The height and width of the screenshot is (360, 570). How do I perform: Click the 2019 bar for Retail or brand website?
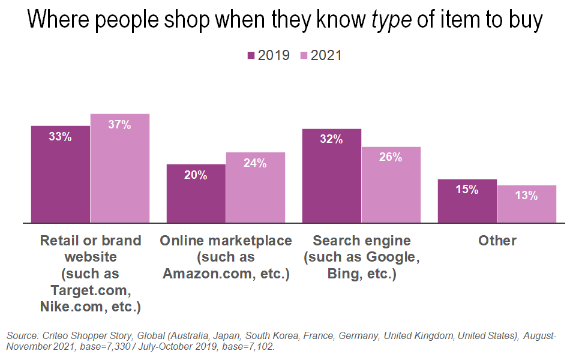[x=61, y=174]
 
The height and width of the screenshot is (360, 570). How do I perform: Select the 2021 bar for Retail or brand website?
[x=120, y=168]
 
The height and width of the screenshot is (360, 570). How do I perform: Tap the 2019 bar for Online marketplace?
[x=196, y=193]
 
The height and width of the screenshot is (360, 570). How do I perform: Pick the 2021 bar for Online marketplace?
[x=256, y=187]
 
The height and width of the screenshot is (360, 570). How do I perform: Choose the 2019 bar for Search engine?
[x=332, y=176]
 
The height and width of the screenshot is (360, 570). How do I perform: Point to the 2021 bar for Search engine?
[x=391, y=185]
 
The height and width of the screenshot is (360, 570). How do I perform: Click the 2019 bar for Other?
[x=467, y=201]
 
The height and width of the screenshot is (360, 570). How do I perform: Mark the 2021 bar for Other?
[x=527, y=204]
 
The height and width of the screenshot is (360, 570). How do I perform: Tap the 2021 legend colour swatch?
[x=304, y=56]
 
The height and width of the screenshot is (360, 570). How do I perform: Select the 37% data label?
[x=120, y=125]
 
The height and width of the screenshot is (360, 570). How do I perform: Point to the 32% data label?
[x=332, y=139]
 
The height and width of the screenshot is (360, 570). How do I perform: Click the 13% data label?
[x=527, y=195]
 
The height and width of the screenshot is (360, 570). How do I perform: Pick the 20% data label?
[x=196, y=175]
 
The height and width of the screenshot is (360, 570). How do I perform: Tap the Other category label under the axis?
[x=497, y=241]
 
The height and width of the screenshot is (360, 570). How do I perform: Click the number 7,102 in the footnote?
[x=262, y=347]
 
